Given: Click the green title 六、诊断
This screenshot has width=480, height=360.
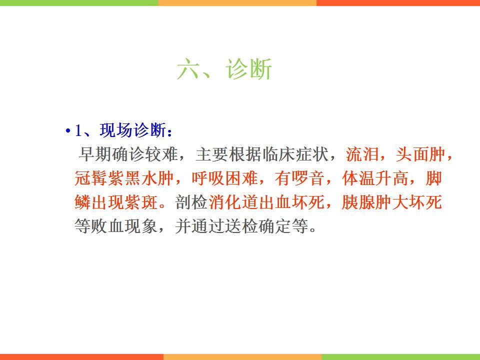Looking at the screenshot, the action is (224, 69).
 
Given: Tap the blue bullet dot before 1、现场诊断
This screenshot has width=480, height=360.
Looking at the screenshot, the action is (67, 131).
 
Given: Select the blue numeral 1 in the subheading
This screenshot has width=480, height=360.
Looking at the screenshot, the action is (78, 130).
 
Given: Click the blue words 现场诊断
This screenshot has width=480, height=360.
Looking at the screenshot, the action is (133, 130).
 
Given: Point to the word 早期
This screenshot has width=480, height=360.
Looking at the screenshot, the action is (95, 154).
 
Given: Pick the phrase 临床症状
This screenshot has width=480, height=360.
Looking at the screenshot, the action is (296, 154).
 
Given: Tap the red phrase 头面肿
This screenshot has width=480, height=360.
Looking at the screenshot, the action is (421, 154).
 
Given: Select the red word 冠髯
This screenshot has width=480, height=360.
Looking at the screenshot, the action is (91, 178).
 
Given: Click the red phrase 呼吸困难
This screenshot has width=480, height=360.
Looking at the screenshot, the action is (225, 178).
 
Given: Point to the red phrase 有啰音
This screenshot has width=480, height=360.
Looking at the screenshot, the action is (299, 178).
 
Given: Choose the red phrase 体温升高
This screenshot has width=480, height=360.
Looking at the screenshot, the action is (375, 178).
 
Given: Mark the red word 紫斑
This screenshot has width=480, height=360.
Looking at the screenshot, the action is (141, 202).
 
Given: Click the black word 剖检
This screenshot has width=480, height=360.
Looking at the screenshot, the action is (191, 202).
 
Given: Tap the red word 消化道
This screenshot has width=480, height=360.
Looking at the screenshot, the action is (233, 202).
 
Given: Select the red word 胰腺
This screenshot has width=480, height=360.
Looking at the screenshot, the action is (358, 202).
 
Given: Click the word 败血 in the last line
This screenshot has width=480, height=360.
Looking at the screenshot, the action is (108, 226).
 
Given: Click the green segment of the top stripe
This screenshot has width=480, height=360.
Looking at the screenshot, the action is (79, 3).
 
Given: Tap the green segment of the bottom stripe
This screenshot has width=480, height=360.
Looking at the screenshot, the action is (400, 357).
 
